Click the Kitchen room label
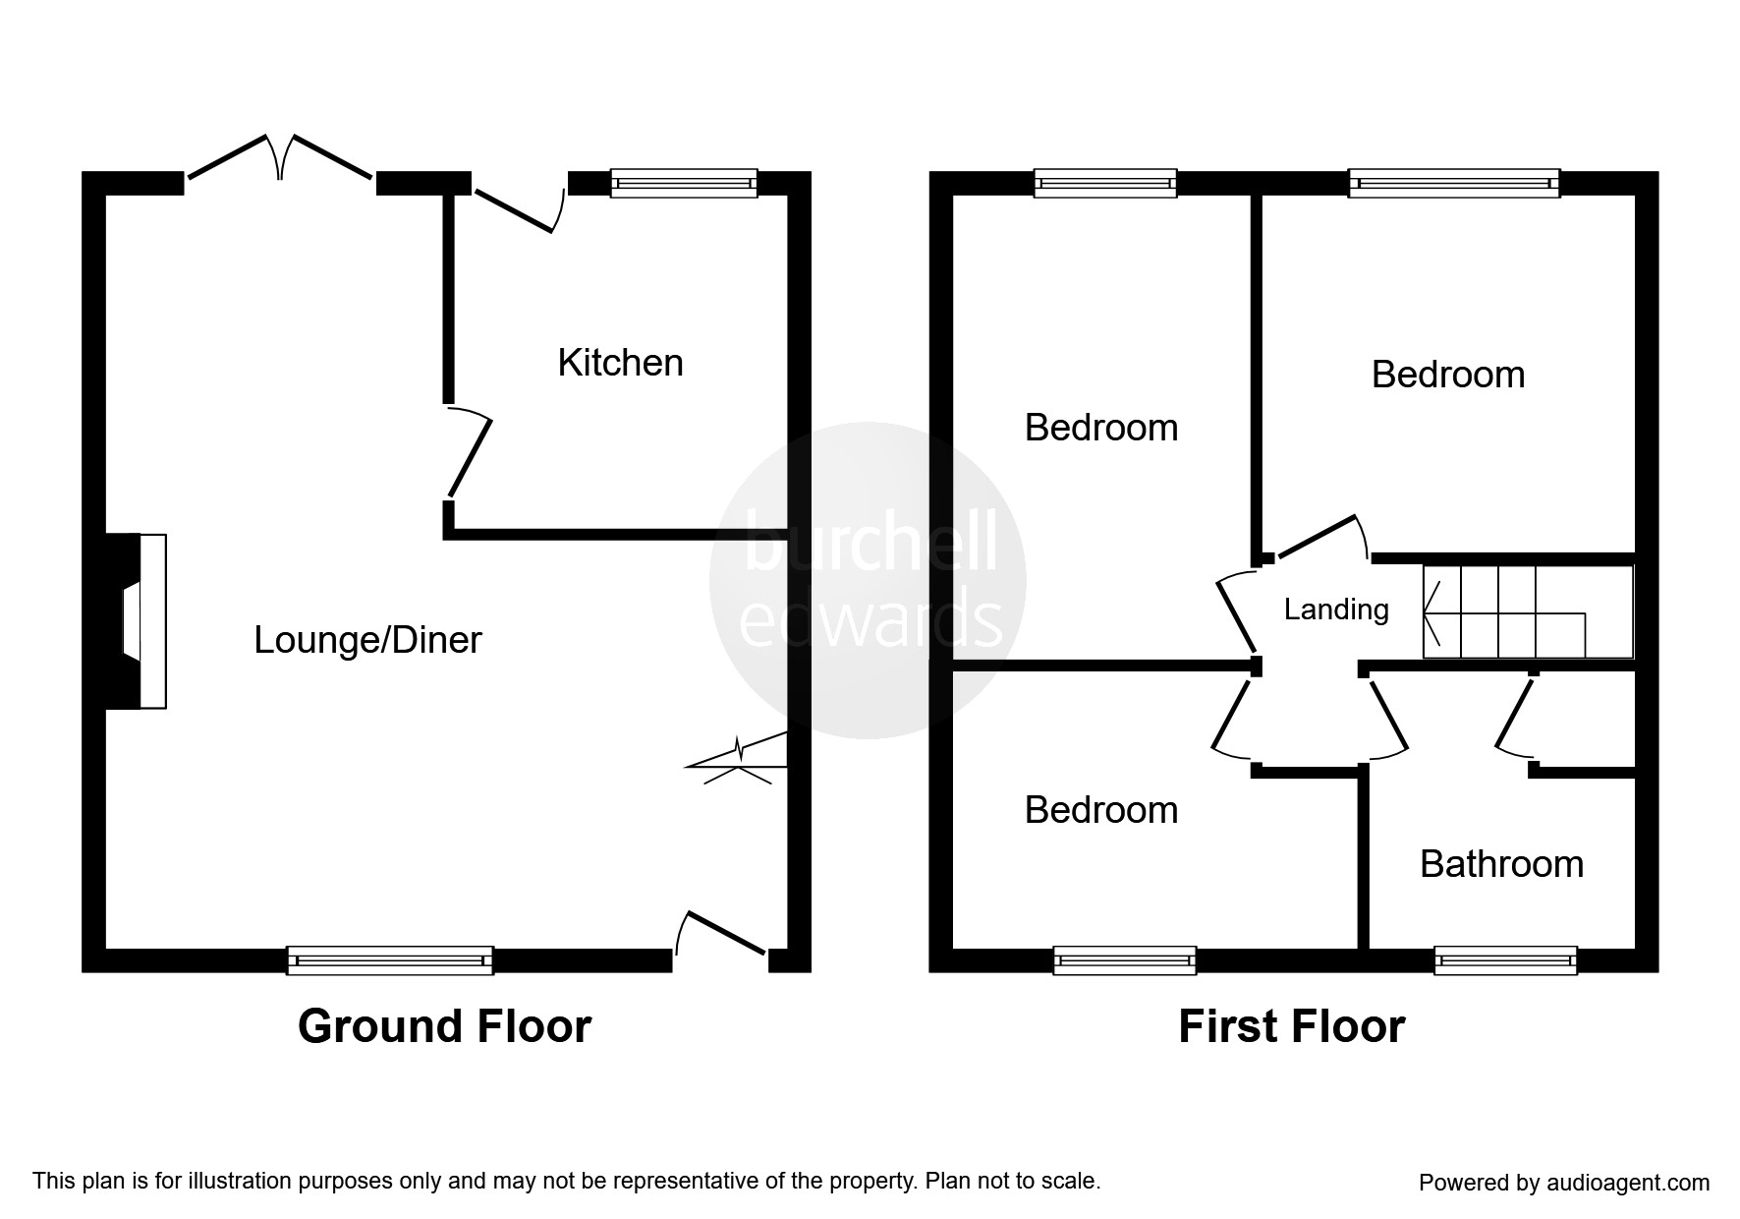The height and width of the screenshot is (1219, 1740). click(620, 363)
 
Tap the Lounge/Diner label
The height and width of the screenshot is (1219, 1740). click(367, 640)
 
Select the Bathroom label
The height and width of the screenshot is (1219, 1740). click(1501, 864)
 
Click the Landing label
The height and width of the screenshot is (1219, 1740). click(1336, 609)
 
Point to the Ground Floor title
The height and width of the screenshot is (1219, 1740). click(444, 1026)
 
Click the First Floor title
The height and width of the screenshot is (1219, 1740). click(1291, 1026)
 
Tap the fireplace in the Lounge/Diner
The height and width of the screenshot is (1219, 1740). click(138, 620)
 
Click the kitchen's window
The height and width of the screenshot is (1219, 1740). click(684, 183)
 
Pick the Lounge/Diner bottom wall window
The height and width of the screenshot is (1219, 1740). click(390, 960)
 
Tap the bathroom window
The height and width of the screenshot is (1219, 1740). click(1505, 960)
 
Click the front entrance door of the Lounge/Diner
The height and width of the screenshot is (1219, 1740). click(722, 934)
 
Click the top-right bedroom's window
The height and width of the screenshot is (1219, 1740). click(1454, 183)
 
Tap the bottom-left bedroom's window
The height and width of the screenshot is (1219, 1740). click(1125, 960)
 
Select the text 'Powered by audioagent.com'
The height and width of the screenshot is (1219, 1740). click(1564, 1183)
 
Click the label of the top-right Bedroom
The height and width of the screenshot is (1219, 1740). click(1448, 375)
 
